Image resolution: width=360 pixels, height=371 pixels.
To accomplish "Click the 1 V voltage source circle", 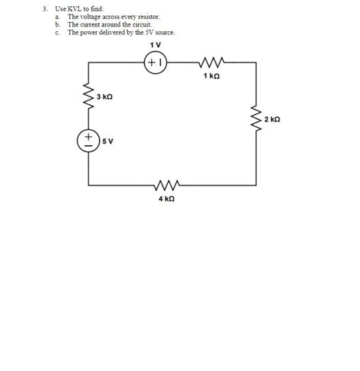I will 156,64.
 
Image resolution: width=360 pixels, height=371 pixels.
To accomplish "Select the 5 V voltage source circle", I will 89,141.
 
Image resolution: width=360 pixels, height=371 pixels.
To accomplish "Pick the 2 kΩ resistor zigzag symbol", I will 255,119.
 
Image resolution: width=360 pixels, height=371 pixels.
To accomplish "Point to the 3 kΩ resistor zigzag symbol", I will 89,97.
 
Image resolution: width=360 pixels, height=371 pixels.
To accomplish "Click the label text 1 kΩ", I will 212,76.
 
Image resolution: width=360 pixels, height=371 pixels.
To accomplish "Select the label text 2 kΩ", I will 273,119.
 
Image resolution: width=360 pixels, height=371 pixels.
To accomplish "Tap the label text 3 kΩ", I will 105,97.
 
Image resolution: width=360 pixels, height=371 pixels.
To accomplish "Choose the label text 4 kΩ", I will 167,198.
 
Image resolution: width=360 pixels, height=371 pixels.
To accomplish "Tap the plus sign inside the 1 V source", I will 152,64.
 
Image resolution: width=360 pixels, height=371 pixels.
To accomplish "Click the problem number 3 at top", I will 46,8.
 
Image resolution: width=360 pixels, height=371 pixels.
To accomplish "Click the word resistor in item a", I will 147,16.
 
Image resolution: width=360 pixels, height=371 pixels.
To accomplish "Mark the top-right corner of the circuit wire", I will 255,64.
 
